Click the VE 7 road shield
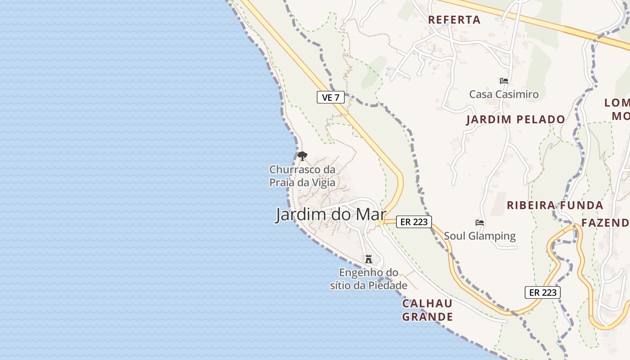(x=331, y=97)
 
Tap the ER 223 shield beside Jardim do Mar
(x=414, y=221)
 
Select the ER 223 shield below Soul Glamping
(x=542, y=292)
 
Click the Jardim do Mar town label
(x=331, y=215)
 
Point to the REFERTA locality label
(x=454, y=20)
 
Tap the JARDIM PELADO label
(x=516, y=120)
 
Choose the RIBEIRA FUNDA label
(x=555, y=206)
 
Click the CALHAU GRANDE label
(x=427, y=310)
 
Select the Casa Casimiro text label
(x=504, y=94)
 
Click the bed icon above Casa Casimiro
(x=504, y=81)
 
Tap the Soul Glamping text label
(x=480, y=236)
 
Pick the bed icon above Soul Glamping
(x=480, y=223)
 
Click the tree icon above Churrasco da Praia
(x=302, y=156)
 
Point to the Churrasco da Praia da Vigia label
(x=302, y=176)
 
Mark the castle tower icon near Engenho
(x=369, y=259)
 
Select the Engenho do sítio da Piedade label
(x=369, y=279)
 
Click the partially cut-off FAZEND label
(x=605, y=223)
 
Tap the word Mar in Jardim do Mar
(x=371, y=215)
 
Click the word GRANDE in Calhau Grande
(x=427, y=317)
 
